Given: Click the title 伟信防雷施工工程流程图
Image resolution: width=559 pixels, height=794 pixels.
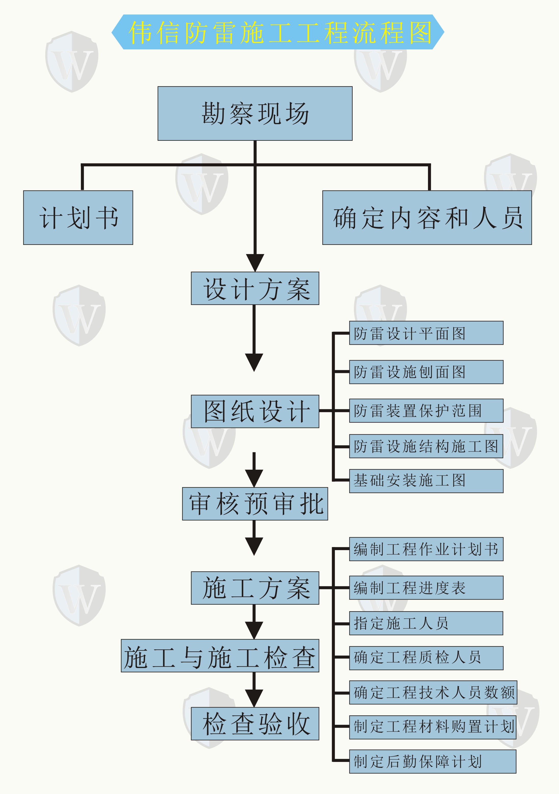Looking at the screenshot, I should tap(278, 32).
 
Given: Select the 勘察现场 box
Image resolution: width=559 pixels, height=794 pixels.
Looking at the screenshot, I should tap(255, 114).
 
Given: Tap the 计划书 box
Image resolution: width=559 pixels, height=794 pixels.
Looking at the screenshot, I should tap(78, 217).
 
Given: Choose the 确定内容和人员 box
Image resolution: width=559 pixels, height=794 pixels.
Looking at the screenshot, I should tap(427, 217).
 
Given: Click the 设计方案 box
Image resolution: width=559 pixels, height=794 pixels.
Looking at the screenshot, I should tap(255, 288).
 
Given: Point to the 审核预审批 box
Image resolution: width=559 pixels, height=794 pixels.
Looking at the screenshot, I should tap(255, 504).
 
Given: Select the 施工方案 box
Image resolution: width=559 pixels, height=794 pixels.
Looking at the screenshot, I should tap(255, 588).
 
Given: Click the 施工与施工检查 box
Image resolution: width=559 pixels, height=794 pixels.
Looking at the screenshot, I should tap(220, 656).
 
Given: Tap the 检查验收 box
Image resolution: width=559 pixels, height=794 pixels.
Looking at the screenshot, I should tap(255, 723).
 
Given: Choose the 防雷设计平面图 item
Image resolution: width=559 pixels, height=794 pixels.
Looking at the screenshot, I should tap(426, 333).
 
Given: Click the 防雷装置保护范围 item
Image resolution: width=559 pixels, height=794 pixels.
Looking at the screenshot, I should tap(426, 410).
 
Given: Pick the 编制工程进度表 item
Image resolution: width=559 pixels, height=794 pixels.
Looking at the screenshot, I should tap(426, 588).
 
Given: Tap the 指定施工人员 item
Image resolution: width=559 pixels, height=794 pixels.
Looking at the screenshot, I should tap(426, 623).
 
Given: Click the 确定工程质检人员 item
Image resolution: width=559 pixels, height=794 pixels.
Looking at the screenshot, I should tap(426, 658).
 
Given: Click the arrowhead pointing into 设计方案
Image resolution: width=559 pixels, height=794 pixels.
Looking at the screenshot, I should tap(255, 262).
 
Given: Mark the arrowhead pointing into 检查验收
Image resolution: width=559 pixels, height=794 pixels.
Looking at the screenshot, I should tap(254, 698).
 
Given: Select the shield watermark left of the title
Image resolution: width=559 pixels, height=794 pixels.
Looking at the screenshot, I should tap(71, 62).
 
